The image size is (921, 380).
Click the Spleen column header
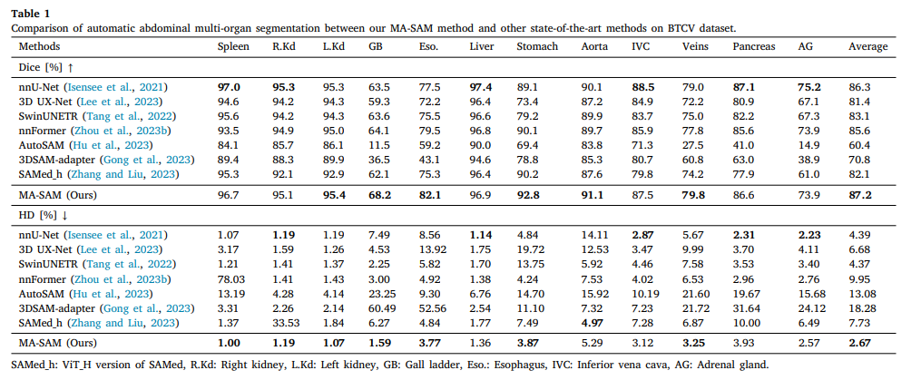pyautogui.click(x=233, y=46)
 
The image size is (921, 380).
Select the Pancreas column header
pyautogui.click(x=754, y=46)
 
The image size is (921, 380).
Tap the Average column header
pyautogui.click(x=868, y=46)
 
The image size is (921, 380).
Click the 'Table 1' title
pyautogui.click(x=31, y=13)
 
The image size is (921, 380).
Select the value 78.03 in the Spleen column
pyautogui.click(x=230, y=279)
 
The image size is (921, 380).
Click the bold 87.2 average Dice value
pyautogui.click(x=860, y=194)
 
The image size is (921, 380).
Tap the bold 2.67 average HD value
pyautogui.click(x=860, y=342)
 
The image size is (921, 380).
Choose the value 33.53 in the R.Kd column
pyautogui.click(x=284, y=323)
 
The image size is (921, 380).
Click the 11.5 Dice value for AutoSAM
pyautogui.click(x=377, y=145)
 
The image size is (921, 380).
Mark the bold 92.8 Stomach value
pyautogui.click(x=527, y=194)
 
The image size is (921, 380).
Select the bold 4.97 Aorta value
pyautogui.click(x=592, y=323)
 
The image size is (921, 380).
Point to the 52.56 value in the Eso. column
pyautogui.click(x=430, y=308)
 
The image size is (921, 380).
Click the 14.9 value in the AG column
pyautogui.click(x=808, y=145)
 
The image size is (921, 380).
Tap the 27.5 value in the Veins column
pyautogui.click(x=692, y=145)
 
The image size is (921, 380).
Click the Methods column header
pyautogui.click(x=39, y=46)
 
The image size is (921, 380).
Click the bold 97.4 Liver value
pyautogui.click(x=481, y=87)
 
